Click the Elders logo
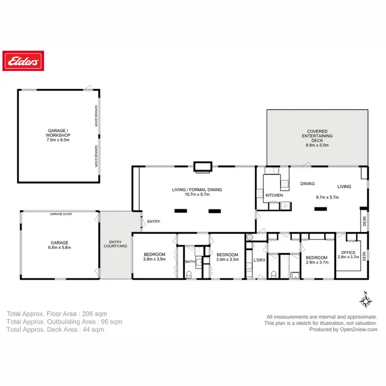click(x=22, y=62)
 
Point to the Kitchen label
click(x=274, y=196)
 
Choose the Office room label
click(x=348, y=252)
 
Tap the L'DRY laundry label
click(x=259, y=260)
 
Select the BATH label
click(x=189, y=262)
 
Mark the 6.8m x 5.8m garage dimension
click(x=59, y=248)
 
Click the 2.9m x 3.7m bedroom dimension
click(x=316, y=263)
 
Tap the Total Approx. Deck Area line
click(x=55, y=330)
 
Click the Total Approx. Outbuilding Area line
click(x=64, y=322)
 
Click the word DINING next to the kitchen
click(x=308, y=184)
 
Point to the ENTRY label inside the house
click(x=154, y=222)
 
